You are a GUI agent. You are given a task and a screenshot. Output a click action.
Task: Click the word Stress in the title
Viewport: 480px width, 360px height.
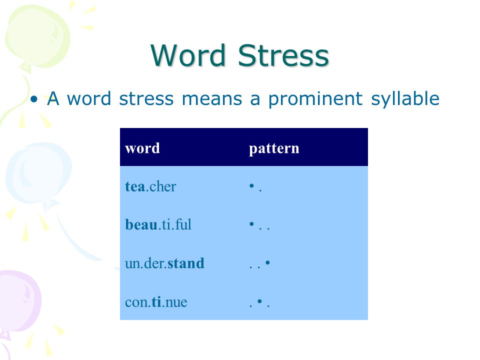[x=283, y=55]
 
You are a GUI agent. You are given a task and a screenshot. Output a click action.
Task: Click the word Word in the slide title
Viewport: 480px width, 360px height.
[x=188, y=55]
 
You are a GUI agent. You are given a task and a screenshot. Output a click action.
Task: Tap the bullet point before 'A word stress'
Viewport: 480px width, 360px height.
[x=34, y=99]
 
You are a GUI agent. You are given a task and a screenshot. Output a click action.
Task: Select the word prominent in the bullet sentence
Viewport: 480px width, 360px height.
[x=315, y=99]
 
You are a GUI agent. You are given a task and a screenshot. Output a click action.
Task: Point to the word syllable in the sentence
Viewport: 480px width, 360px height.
[x=405, y=99]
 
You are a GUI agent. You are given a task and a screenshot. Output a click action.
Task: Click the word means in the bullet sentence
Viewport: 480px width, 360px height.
[x=212, y=99]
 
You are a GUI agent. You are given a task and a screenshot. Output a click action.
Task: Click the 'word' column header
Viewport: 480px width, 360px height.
[x=142, y=148]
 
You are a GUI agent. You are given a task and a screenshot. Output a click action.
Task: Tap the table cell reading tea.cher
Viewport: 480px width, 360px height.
[x=150, y=186]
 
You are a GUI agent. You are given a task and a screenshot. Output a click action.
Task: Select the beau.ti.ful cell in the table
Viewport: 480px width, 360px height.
[x=158, y=224]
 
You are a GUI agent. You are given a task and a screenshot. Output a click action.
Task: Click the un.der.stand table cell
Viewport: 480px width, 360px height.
[x=164, y=263]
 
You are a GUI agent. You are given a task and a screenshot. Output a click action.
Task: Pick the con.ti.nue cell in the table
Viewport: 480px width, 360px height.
[x=156, y=302]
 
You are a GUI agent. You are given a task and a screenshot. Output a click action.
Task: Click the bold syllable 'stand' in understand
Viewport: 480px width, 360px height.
[x=186, y=263]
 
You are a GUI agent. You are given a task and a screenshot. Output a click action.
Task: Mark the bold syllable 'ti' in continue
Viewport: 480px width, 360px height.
[x=156, y=302]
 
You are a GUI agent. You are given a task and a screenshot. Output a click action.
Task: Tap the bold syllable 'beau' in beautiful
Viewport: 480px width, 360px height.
[x=141, y=224]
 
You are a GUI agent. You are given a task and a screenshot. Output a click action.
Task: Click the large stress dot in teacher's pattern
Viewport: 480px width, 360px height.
[x=251, y=185]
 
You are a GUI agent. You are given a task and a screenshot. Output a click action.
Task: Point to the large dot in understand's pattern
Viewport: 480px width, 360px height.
[x=267, y=262]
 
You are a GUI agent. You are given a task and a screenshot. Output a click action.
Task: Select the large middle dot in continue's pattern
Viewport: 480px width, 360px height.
[x=259, y=301]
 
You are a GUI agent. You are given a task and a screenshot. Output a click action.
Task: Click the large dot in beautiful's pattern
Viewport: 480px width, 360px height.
[x=251, y=224]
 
